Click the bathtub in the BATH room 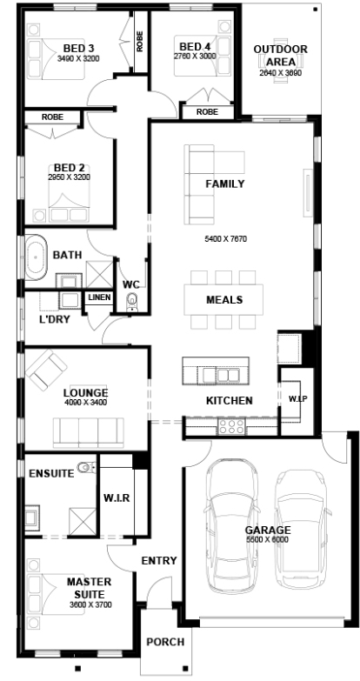coord(36,257)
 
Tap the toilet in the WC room coord(132,302)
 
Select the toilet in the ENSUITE coord(85,467)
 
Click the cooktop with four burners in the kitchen coord(231,426)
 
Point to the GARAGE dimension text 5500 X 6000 coord(268,539)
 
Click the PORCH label coord(165,642)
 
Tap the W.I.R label coord(117,497)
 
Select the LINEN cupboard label coord(100,297)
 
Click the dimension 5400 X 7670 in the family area coord(226,239)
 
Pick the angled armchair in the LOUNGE coord(46,370)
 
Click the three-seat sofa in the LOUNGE coord(88,432)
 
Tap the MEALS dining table coord(223,300)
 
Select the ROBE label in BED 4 coord(207,111)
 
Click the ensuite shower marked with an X coord(82,520)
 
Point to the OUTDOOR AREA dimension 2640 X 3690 coord(281,73)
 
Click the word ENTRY coord(159,561)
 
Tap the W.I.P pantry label coord(298,398)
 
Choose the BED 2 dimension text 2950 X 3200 coord(69,177)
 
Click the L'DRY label coord(54,319)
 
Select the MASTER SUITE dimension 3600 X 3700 coord(90,604)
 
